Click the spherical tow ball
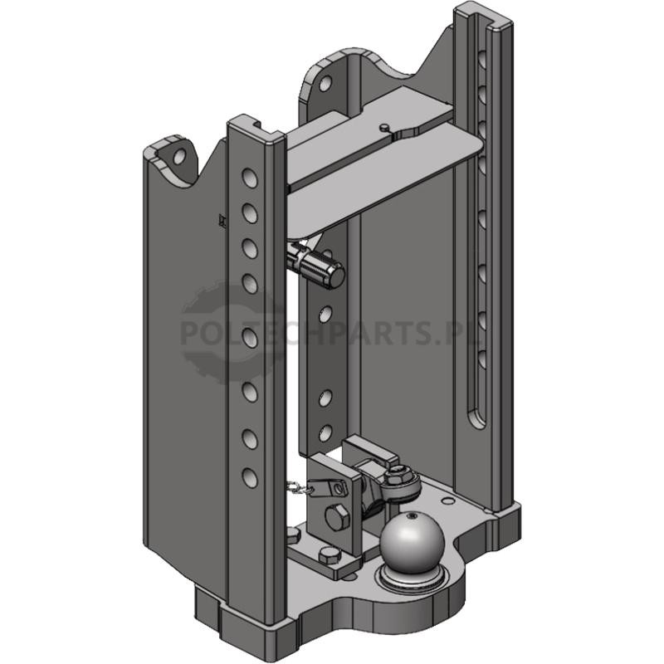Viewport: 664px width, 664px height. (x=412, y=543)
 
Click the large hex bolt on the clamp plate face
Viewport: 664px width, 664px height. (x=338, y=517)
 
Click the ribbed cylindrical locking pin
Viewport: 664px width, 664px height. (x=319, y=266)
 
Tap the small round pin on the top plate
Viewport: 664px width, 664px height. (x=383, y=127)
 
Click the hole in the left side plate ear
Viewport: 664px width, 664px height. (x=179, y=156)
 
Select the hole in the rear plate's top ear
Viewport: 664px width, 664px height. (x=325, y=84)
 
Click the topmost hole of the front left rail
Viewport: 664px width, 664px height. (x=250, y=178)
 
